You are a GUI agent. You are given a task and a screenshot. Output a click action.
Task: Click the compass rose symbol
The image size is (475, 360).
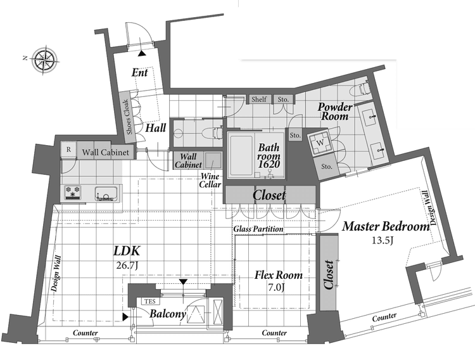point(45,60)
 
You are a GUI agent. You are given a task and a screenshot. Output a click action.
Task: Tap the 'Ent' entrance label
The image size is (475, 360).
point(140,72)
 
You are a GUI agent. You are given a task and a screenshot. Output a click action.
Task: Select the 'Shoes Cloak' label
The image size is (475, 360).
point(127,117)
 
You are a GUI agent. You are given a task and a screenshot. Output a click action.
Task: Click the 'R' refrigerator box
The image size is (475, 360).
point(68,149)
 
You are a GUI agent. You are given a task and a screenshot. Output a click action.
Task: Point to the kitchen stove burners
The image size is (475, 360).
point(73,193)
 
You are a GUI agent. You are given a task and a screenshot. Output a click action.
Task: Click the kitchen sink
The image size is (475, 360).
point(106,193)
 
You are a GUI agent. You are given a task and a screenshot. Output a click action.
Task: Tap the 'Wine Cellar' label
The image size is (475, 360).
point(210,180)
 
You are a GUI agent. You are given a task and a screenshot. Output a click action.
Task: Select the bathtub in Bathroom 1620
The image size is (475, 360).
point(241,156)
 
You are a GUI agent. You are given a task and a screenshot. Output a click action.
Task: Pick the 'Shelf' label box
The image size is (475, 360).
point(259,99)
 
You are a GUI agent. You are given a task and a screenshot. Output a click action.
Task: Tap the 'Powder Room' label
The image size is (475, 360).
point(335,112)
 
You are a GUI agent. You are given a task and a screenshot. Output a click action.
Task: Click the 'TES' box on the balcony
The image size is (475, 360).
point(150,301)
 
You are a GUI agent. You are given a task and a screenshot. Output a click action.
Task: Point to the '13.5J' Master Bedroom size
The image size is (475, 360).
point(383,240)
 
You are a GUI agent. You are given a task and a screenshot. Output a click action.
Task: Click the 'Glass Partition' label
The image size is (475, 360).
point(258,229)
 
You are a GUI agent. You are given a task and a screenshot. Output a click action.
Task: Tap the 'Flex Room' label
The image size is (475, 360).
point(279,275)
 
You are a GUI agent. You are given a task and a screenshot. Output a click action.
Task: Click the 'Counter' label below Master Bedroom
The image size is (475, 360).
point(384,318)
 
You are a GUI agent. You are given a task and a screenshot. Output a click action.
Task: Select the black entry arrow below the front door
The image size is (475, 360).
point(141,53)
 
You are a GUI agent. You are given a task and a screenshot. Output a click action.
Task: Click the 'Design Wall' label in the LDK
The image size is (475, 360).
point(56,274)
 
